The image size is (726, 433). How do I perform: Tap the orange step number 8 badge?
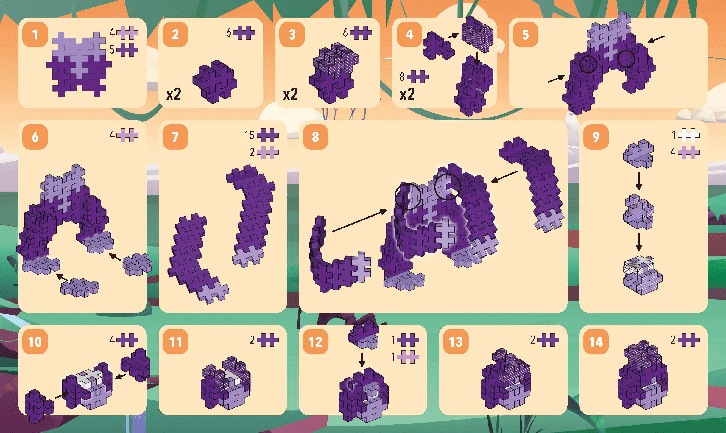pos(315,137)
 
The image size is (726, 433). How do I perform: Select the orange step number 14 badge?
pos(596,341)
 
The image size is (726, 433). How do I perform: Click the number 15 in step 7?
pos(250,135)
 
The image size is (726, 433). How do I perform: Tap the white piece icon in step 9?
pos(689,135)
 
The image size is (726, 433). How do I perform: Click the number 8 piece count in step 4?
pos(402,77)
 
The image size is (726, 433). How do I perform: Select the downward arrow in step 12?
pos(362,360)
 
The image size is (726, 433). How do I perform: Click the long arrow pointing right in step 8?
pos(359,221)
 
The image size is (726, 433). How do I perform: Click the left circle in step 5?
pos(588,64)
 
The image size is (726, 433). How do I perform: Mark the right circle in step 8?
pos(448,187)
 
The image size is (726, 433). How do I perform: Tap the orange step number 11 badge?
pos(175,341)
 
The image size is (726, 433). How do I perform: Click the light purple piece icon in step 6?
pos(127,135)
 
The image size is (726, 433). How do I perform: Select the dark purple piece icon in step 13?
pos(548,340)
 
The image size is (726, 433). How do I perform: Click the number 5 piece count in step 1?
pos(112,50)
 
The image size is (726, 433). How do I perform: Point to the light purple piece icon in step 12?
pos(408,357)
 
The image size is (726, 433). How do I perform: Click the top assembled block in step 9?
pos(638,154)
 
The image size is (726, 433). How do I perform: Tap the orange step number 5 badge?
pos(526,34)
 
